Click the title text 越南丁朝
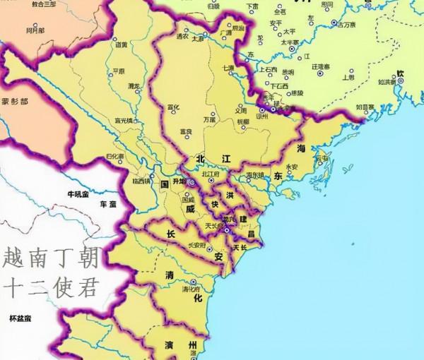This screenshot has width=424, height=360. (x=51, y=256)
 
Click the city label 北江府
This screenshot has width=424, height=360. (x=211, y=174)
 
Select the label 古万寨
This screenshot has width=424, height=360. (x=346, y=24)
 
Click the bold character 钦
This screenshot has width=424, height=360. (x=401, y=73)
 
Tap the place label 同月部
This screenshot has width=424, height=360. (x=35, y=31)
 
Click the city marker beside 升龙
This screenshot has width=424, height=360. (x=191, y=181)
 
